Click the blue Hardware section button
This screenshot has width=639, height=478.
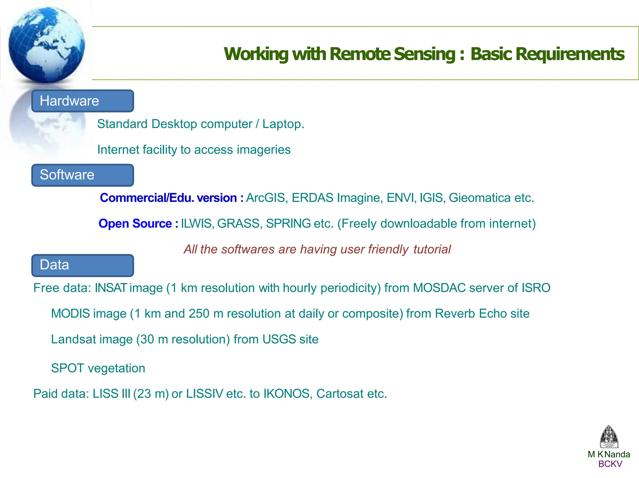[x=83, y=101]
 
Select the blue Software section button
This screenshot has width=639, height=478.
[x=83, y=175]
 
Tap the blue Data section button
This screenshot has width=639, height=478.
[x=83, y=265]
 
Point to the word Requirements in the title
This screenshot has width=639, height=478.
[x=547, y=54]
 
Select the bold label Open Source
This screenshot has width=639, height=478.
[x=135, y=224]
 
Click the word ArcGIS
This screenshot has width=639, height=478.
[x=266, y=198]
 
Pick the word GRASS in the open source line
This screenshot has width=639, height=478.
[x=239, y=224]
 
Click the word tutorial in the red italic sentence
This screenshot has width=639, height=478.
[x=432, y=249]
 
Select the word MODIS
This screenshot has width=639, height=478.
[x=71, y=313]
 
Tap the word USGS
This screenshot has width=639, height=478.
[x=279, y=339]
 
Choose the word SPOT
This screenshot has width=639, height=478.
[x=67, y=368]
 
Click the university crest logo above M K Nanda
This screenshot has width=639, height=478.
[x=609, y=437]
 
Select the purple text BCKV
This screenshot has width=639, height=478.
[x=610, y=464]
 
